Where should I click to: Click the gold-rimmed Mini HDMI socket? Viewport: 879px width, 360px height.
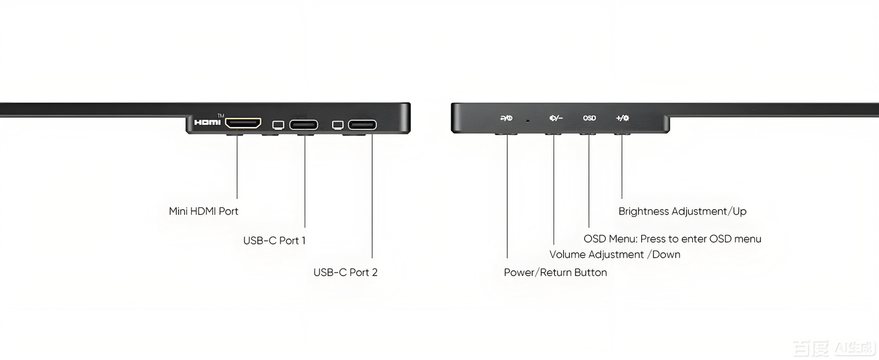click(243, 123)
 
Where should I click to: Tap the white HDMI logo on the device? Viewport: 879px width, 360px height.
click(207, 123)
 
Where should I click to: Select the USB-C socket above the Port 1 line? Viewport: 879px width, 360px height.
click(304, 125)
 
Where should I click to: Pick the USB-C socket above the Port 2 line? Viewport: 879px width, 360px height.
click(362, 125)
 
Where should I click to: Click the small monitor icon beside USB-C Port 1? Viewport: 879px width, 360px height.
click(278, 125)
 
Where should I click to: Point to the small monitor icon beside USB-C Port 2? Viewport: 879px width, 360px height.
click(338, 125)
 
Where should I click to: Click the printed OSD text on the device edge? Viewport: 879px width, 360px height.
click(589, 119)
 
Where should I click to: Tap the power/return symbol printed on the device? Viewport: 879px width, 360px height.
click(506, 119)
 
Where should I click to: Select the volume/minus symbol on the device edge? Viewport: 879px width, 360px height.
click(555, 119)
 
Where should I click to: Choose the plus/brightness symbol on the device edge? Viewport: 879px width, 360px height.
click(622, 119)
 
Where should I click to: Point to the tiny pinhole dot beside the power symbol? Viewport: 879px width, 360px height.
click(527, 120)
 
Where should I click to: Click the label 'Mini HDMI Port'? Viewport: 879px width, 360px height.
click(203, 212)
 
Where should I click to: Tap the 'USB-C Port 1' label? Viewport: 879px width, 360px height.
click(274, 241)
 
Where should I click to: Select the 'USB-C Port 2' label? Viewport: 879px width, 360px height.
click(345, 272)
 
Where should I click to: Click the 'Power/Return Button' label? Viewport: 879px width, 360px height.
click(555, 272)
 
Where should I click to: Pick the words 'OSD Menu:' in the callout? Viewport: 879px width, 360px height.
click(610, 239)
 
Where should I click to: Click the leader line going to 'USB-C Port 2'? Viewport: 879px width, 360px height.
click(372, 201)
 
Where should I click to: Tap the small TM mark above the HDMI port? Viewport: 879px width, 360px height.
click(220, 116)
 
